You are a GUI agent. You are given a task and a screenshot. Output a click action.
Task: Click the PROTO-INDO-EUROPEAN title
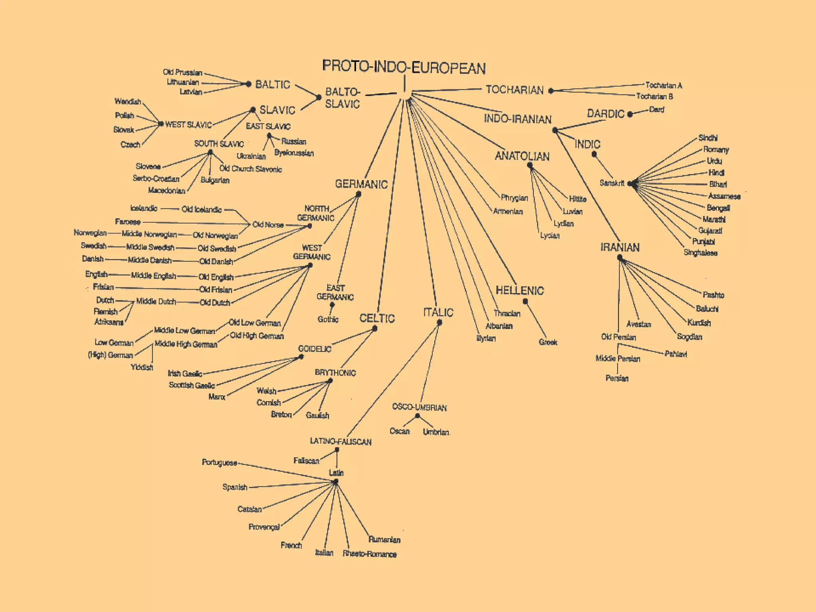click(404, 67)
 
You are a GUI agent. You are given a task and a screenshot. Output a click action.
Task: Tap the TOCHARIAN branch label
click(514, 90)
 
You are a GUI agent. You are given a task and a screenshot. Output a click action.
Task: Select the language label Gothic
click(328, 319)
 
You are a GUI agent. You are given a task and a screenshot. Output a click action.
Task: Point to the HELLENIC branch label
click(520, 290)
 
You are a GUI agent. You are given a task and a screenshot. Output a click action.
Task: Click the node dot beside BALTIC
click(249, 84)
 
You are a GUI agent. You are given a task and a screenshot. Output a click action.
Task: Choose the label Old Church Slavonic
click(250, 169)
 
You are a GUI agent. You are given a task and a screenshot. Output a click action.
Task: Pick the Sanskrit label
click(612, 183)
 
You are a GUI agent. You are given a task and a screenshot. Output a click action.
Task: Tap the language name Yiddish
click(142, 367)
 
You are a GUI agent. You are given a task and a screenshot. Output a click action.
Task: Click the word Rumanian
click(384, 539)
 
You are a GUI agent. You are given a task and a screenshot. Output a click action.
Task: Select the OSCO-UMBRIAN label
click(419, 407)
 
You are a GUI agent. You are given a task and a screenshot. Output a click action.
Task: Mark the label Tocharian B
click(654, 96)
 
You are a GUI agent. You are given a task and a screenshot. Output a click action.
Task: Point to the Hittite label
click(577, 199)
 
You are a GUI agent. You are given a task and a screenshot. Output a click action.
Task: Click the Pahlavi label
click(676, 354)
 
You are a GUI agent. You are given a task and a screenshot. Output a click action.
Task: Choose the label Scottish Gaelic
click(192, 385)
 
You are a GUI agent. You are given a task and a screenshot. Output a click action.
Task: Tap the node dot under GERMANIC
click(359, 194)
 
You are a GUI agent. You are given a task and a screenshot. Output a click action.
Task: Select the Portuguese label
click(220, 463)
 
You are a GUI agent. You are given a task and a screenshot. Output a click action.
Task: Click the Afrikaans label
click(109, 322)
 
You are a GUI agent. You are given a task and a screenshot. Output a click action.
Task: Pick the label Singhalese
click(700, 253)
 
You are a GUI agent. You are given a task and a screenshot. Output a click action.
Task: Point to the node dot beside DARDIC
click(630, 115)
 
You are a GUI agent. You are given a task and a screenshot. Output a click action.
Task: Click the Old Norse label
click(268, 225)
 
